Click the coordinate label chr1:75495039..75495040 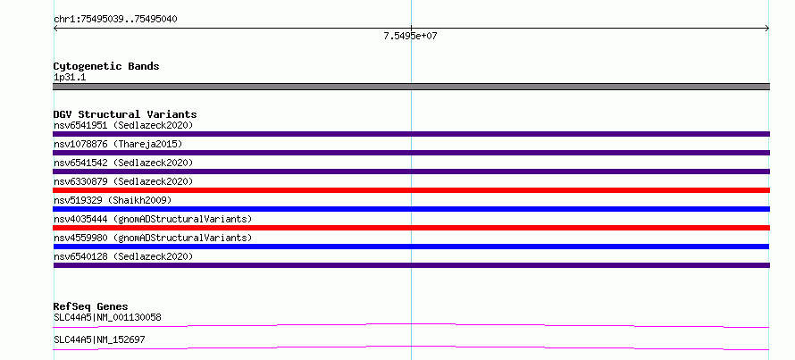[115, 20]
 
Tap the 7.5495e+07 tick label [410, 36]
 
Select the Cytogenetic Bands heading [106, 66]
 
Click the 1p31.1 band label [70, 77]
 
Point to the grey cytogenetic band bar [411, 87]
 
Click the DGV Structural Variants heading [125, 114]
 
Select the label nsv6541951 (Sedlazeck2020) [123, 125]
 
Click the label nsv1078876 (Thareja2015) [118, 144]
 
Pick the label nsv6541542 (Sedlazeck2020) [123, 163]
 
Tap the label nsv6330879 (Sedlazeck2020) [123, 181]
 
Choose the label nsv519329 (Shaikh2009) [113, 200]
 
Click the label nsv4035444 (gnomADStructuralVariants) [153, 219]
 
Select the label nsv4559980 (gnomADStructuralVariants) [153, 238]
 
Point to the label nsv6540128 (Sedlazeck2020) [123, 256]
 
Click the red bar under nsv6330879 [411, 190]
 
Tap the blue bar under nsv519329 [411, 209]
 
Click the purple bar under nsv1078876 [411, 153]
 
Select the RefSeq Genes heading [91, 306]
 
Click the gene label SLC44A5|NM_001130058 [107, 317]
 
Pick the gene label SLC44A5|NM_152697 [99, 339]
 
